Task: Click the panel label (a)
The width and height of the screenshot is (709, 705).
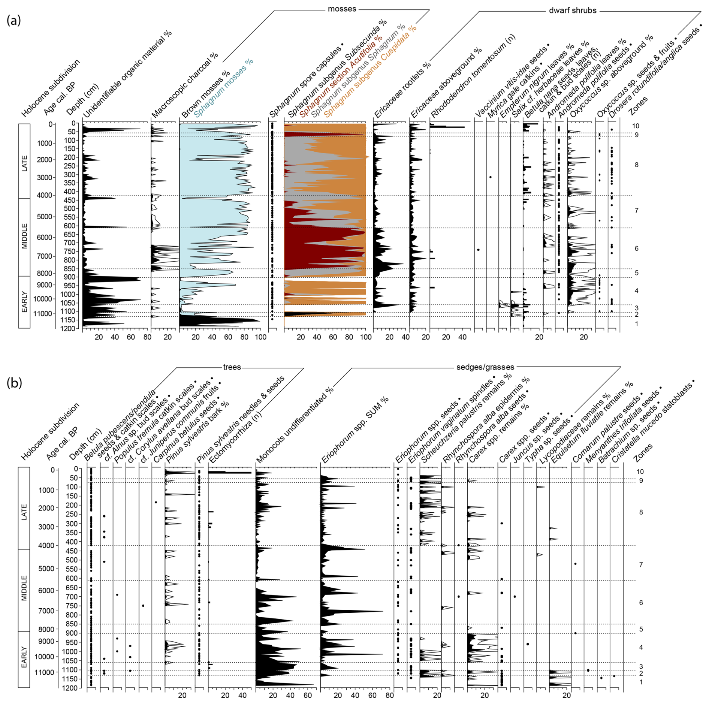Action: click(13, 20)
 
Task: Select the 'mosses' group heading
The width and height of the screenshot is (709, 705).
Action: click(342, 9)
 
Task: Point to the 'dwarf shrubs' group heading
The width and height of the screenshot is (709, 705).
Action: click(572, 10)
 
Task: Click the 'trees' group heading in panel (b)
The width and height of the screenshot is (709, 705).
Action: click(232, 367)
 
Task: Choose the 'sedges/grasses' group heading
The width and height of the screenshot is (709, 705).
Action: click(485, 367)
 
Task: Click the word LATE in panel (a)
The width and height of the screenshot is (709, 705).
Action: click(24, 163)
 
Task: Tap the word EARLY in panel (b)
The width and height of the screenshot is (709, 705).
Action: click(24, 657)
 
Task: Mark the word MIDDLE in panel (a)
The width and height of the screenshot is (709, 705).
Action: click(24, 236)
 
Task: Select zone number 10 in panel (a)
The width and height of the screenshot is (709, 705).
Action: click(636, 126)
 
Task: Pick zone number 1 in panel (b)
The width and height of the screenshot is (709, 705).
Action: click(641, 682)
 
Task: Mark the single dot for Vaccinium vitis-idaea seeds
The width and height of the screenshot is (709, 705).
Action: click(478, 250)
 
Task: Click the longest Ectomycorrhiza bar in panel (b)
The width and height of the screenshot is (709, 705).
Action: click(229, 473)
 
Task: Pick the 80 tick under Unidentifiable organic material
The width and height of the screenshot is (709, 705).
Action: click(147, 337)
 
